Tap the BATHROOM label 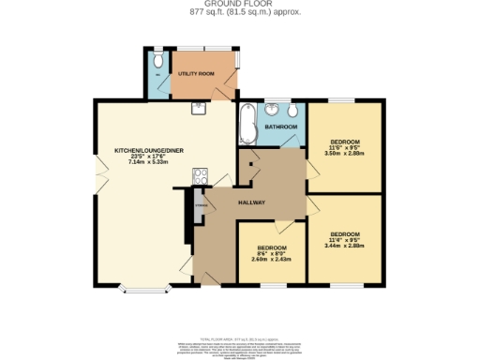(280, 126)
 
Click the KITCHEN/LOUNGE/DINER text (143, 150)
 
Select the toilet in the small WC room (157, 61)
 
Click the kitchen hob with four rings (200, 174)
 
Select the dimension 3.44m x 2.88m (344, 246)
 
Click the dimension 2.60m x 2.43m (272, 260)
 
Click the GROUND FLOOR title (239, 5)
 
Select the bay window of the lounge (142, 287)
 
